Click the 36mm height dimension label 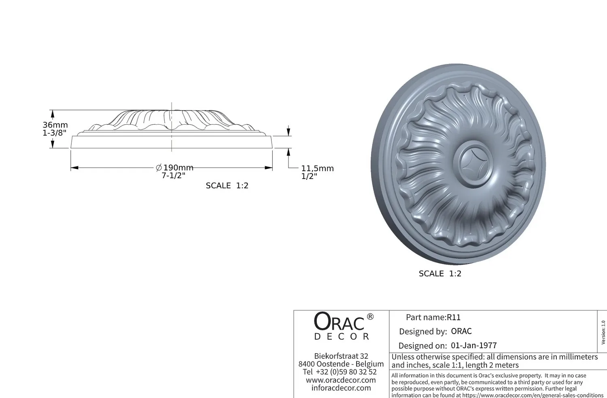click(55, 125)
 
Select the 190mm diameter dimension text click(178, 168)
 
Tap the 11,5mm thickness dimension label click(318, 168)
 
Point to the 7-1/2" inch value click(174, 176)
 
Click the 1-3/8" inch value click(55, 133)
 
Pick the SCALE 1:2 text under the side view click(227, 186)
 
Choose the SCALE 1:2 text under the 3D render click(440, 274)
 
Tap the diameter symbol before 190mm click(159, 168)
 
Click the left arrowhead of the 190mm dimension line click(74, 168)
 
